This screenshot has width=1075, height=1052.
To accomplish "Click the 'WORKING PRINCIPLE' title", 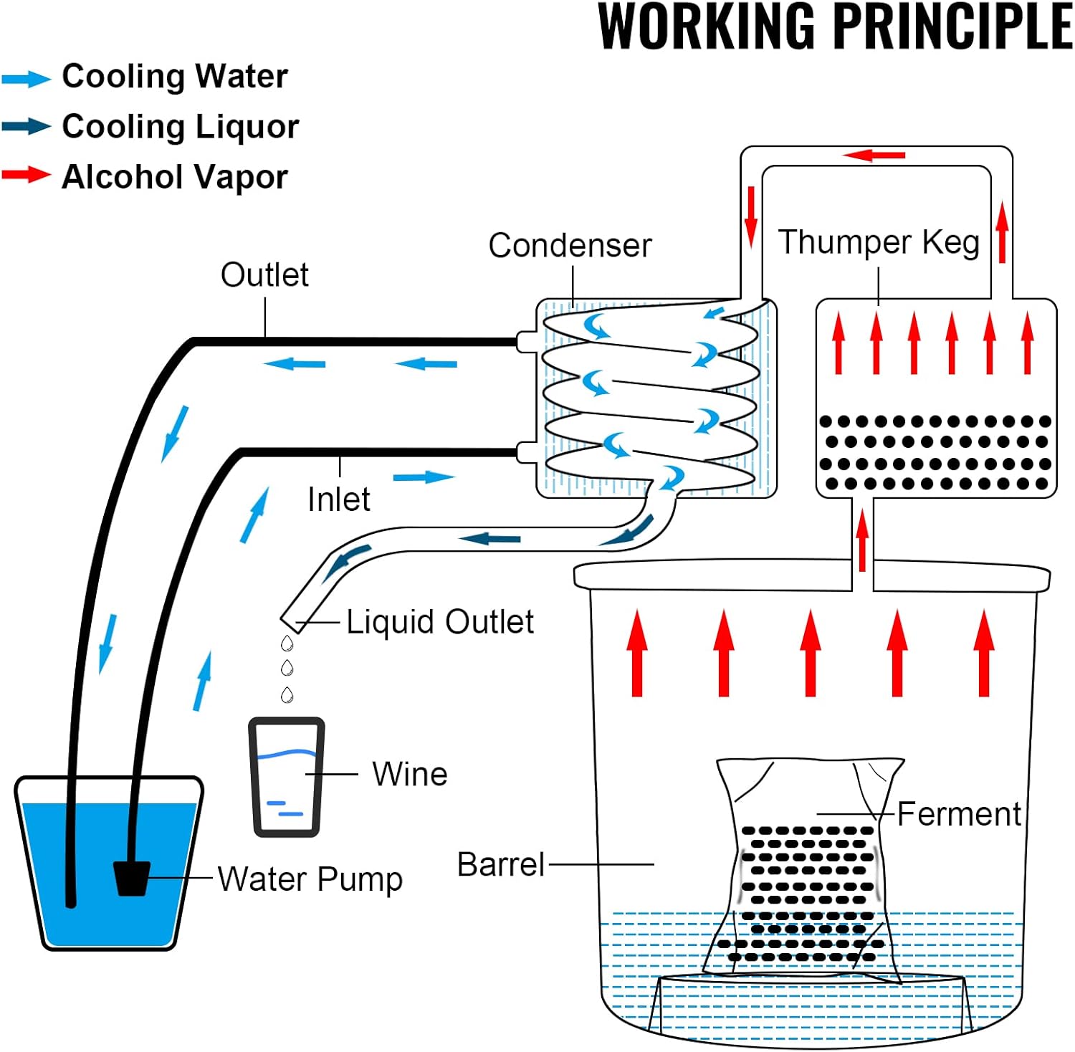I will point(835,27).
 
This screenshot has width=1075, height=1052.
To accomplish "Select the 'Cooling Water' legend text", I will point(175,76).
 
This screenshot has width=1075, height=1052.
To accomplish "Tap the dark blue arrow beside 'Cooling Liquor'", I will point(27,126).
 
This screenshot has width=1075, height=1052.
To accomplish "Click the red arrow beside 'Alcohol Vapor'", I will point(27,174).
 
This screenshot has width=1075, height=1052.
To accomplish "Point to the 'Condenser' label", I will point(570,245).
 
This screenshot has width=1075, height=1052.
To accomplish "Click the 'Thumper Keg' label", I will point(879,242).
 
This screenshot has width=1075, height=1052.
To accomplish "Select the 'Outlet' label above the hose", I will point(264,274).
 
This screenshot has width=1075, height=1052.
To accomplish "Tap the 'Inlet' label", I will point(338,499).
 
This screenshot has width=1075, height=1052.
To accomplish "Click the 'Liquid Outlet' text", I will point(440,622).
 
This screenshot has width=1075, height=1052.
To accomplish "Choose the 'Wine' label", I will point(410,774).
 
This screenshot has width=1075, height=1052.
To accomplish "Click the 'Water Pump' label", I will point(310,879).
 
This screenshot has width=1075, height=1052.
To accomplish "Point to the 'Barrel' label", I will point(501,864).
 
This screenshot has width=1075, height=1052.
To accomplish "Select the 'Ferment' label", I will point(959,814).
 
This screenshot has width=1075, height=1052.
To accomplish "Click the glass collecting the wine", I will point(287,778).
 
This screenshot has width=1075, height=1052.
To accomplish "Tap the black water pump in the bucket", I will point(132,878).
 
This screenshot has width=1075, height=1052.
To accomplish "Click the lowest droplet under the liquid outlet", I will point(287,694).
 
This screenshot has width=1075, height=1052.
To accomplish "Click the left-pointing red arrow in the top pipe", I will point(874,155).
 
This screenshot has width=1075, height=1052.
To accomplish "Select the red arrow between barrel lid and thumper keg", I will point(863,539).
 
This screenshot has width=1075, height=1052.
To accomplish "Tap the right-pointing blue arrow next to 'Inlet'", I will point(424,477).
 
